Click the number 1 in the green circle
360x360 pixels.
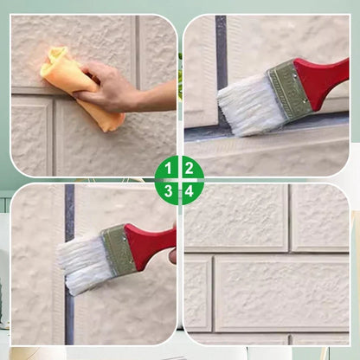pos(168,168)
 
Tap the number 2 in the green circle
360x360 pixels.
pos(189,168)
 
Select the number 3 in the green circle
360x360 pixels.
pos(168,191)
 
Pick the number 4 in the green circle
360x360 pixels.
pos(189,191)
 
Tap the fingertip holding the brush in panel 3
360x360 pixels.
pos(173,256)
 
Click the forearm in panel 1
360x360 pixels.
pos(158,97)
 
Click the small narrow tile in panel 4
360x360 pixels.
pos(198,293)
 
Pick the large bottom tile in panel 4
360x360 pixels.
pos(282,293)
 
